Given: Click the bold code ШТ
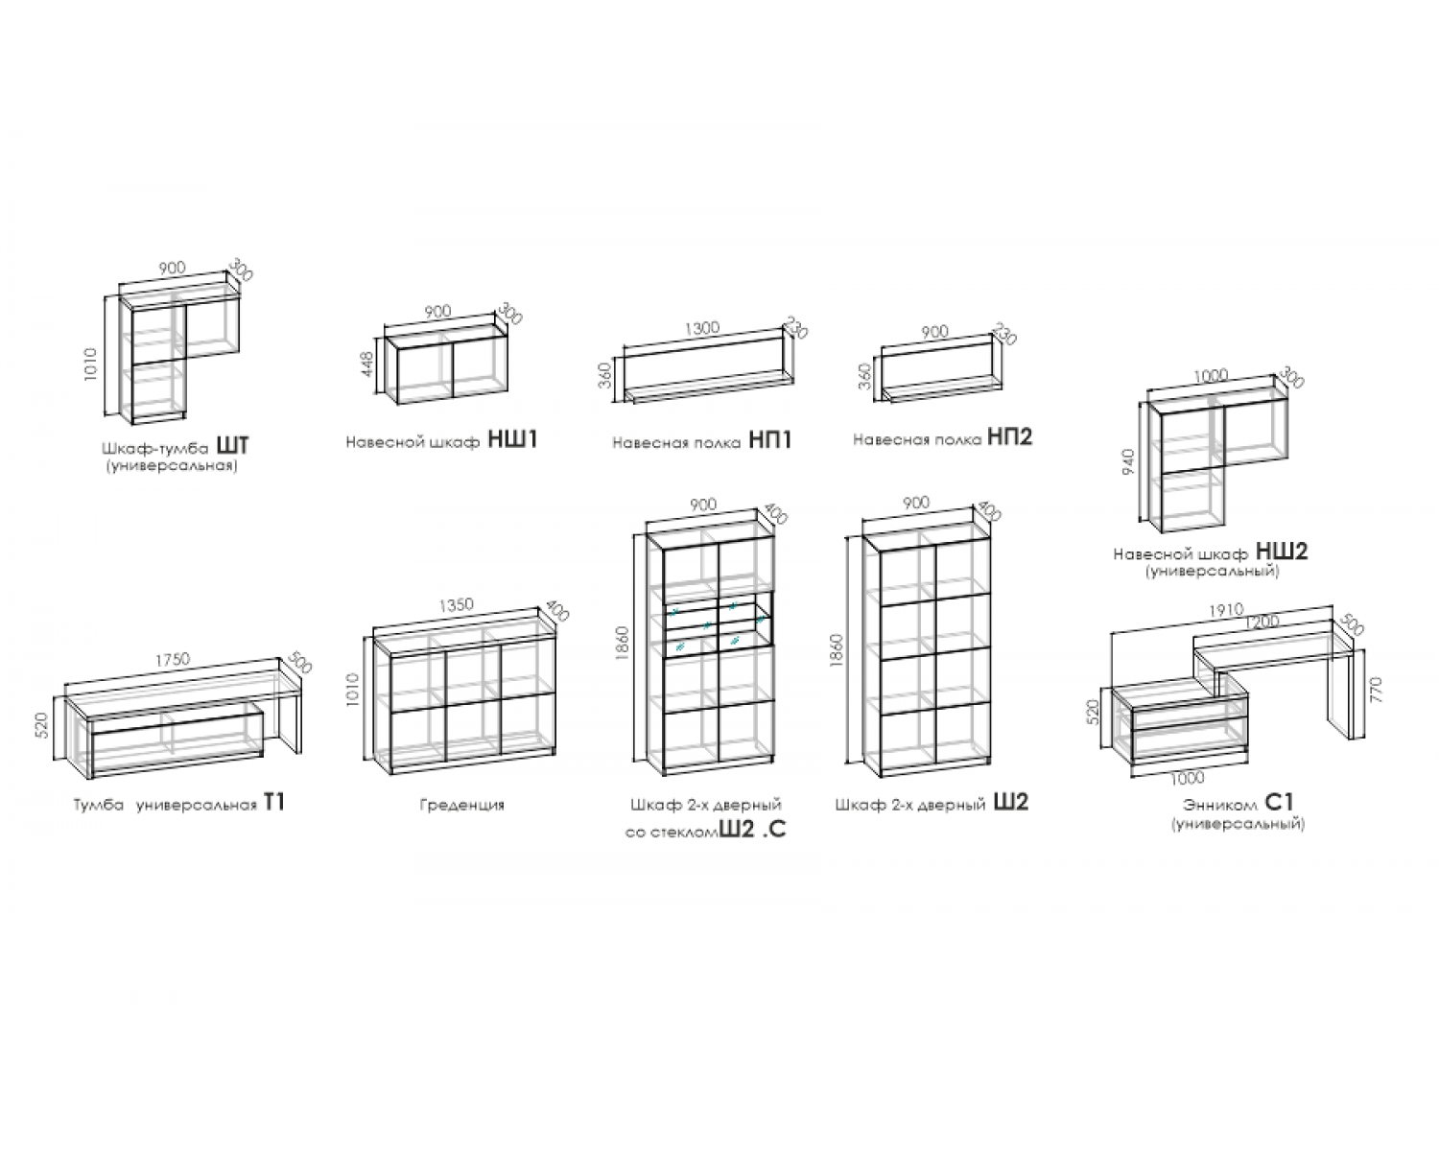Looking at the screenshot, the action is pos(233,445).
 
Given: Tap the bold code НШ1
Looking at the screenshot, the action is pos(513,439).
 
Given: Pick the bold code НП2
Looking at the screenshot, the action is pos(1010,436).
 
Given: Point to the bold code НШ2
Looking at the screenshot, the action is pos(1282,552).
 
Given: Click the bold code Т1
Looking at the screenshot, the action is pos(274,803).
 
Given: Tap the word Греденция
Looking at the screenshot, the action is pos(462,806).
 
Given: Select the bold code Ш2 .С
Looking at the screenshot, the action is pos(752,830).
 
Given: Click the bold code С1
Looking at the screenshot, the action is pos(1279,803).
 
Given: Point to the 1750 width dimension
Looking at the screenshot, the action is pos(173,660).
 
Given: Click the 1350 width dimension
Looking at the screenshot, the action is pos(456,605).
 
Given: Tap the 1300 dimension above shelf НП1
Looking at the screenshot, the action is pos(702,328).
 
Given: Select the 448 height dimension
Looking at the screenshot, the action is pos(367,364).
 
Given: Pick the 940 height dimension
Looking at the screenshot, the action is pos(1128,462).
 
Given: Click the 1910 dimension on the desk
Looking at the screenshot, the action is pos(1226,610).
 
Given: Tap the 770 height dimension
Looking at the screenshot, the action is pos(1375,690).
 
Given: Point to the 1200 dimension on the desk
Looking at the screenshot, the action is pos(1262,622).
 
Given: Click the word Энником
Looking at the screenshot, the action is pos(1219,806).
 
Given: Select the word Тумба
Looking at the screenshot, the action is pos(99,805).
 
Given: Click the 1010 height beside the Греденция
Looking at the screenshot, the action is pos(353,689).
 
